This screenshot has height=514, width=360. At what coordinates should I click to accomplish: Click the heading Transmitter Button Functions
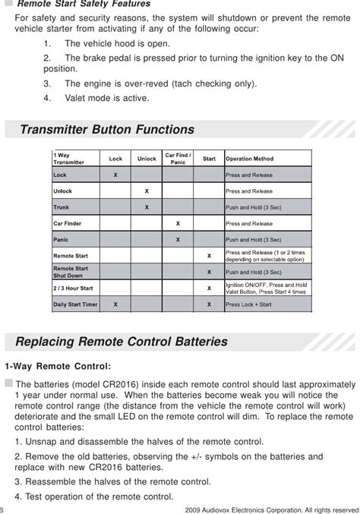click(x=106, y=129)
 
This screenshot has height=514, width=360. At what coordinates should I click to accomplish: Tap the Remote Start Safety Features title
click(x=84, y=5)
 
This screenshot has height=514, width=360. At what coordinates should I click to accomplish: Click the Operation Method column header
click(x=250, y=159)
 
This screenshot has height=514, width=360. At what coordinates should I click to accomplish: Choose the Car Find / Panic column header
click(x=178, y=159)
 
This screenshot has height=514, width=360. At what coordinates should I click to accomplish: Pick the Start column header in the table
click(x=209, y=159)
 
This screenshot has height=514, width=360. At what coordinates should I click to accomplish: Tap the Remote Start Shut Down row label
click(x=71, y=272)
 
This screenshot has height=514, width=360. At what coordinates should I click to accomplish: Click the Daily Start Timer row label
click(x=74, y=304)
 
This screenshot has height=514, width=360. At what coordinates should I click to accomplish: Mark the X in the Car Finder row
click(x=178, y=223)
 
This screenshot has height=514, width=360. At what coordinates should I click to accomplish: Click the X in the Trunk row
click(x=147, y=207)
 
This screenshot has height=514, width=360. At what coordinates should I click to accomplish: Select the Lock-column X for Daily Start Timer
click(x=115, y=304)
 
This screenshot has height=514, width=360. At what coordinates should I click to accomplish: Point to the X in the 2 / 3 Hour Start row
click(x=209, y=289)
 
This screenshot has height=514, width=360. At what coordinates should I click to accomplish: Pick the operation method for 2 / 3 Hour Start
click(x=267, y=289)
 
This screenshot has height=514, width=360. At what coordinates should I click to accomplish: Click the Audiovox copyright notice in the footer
click(x=271, y=509)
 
